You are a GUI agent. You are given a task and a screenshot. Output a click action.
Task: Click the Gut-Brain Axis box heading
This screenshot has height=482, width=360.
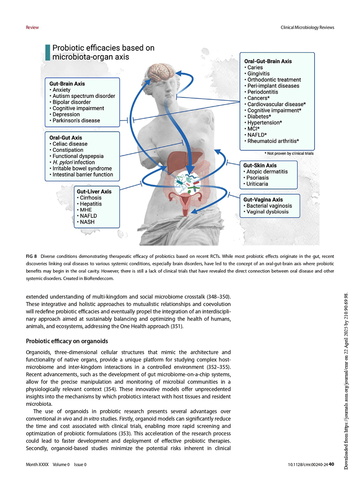click(67, 84)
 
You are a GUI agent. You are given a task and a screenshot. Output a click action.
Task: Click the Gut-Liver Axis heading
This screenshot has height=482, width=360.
click(94, 191)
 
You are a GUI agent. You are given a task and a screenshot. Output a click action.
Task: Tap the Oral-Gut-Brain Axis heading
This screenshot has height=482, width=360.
click(268, 61)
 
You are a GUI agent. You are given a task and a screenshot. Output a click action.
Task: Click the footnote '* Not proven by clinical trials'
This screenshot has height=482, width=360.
click(289, 153)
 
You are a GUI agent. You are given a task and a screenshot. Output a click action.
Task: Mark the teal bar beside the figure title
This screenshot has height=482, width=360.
click(48, 53)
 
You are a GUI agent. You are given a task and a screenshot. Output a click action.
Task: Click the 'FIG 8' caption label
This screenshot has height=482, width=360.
click(31, 256)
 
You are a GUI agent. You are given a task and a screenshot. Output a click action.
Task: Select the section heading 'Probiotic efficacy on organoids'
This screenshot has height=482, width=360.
click(67, 341)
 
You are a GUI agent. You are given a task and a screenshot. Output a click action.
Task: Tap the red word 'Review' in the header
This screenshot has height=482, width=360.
click(32, 27)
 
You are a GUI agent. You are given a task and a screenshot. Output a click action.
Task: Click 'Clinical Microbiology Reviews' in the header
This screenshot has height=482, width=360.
click(307, 27)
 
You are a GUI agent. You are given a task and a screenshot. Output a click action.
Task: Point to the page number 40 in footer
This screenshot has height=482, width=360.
click(331, 464)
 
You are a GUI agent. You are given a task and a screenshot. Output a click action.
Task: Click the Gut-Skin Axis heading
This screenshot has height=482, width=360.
click(260, 165)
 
